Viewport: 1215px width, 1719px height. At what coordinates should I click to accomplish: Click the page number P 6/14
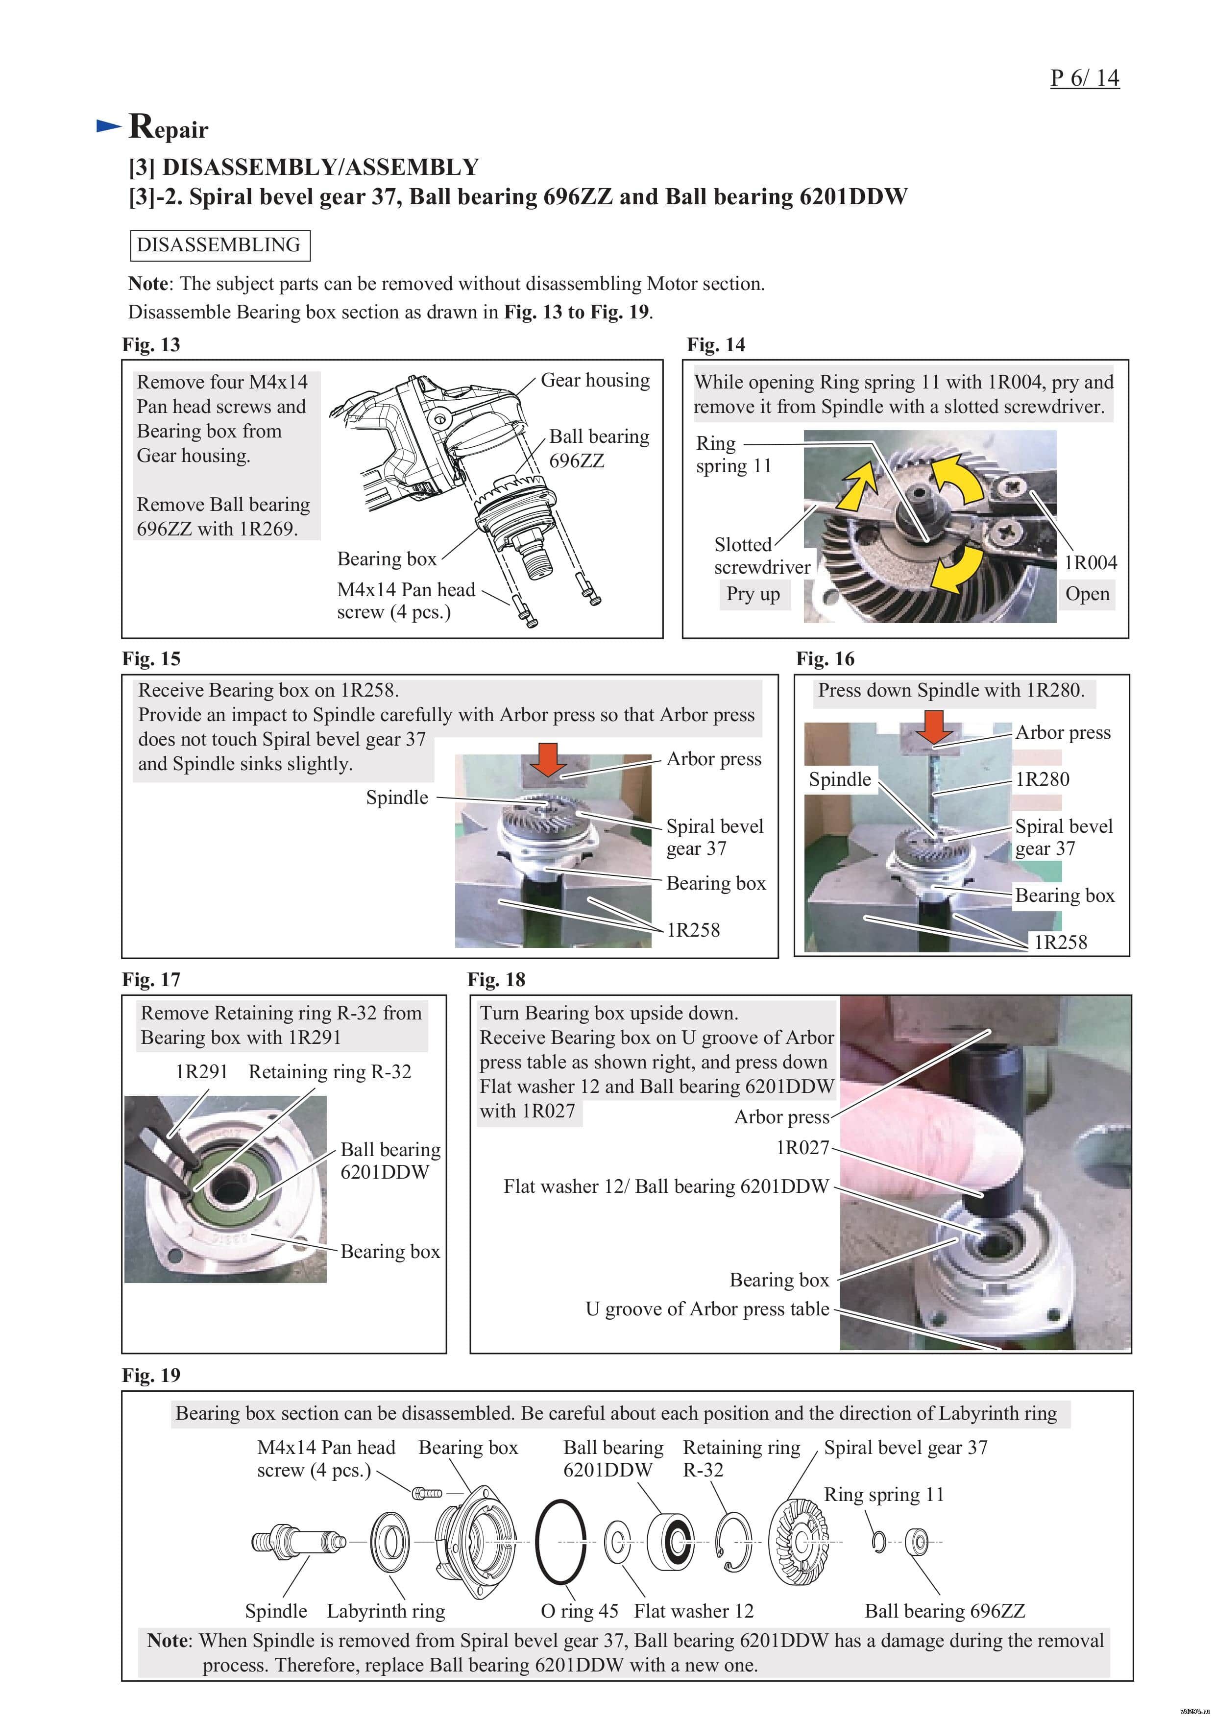(1084, 78)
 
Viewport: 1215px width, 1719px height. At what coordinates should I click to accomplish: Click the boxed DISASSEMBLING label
(219, 245)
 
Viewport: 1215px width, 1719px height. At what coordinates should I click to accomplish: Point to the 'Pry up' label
(753, 594)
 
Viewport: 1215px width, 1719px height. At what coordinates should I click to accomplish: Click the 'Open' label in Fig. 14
(1087, 594)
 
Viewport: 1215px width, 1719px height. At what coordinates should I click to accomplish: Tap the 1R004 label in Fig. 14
(1090, 562)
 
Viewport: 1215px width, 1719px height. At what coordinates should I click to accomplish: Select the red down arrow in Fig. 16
(935, 726)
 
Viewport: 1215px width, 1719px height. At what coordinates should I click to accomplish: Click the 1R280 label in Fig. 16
(1042, 779)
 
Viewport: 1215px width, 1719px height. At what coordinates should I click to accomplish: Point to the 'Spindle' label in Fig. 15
(397, 798)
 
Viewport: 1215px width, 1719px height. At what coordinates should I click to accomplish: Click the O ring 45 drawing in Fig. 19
(560, 1542)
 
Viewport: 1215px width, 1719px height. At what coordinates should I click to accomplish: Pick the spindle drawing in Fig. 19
(298, 1542)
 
